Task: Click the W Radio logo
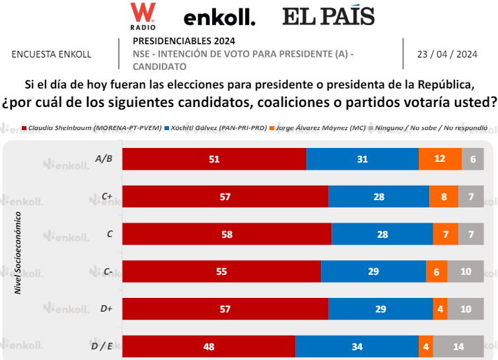[x=143, y=16]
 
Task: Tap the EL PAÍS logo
[x=328, y=17]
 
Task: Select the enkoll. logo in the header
[x=219, y=18]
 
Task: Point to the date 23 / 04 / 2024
[x=447, y=54]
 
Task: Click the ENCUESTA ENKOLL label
[x=52, y=54]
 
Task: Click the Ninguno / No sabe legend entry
[x=431, y=127]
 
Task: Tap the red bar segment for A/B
[x=214, y=159]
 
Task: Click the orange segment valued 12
[x=440, y=159]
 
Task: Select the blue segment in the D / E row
[x=357, y=347]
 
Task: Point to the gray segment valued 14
[x=458, y=347]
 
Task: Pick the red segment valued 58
[x=227, y=234]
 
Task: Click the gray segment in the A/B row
[x=473, y=159]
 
